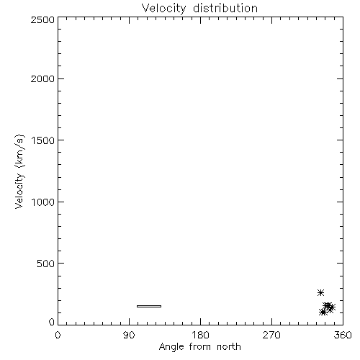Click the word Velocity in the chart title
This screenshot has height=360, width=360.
coord(163,9)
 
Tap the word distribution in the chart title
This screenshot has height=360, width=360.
coord(225,8)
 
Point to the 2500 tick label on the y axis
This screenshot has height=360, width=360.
coord(42,19)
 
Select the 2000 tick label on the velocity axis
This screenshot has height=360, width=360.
coord(42,78)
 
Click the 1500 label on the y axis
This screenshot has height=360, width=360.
coord(43,140)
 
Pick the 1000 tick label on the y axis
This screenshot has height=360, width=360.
coord(43,202)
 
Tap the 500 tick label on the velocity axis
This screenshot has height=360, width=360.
coord(46,264)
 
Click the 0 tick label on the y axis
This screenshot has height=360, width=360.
coord(52,322)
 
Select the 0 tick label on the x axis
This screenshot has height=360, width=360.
coord(58,335)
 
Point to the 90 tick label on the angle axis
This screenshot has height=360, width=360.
coord(129,335)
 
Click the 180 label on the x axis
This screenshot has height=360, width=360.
coord(200,335)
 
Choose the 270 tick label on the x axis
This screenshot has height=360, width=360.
coord(271,335)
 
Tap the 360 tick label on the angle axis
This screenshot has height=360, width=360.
coord(343,335)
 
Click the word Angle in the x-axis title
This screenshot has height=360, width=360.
coord(171,347)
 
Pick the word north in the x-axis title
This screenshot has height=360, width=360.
coord(229,347)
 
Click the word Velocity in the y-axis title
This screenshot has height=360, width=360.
coord(19,191)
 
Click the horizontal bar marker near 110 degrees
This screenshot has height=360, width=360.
coord(149,306)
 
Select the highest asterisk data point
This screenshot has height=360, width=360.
coord(320,292)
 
